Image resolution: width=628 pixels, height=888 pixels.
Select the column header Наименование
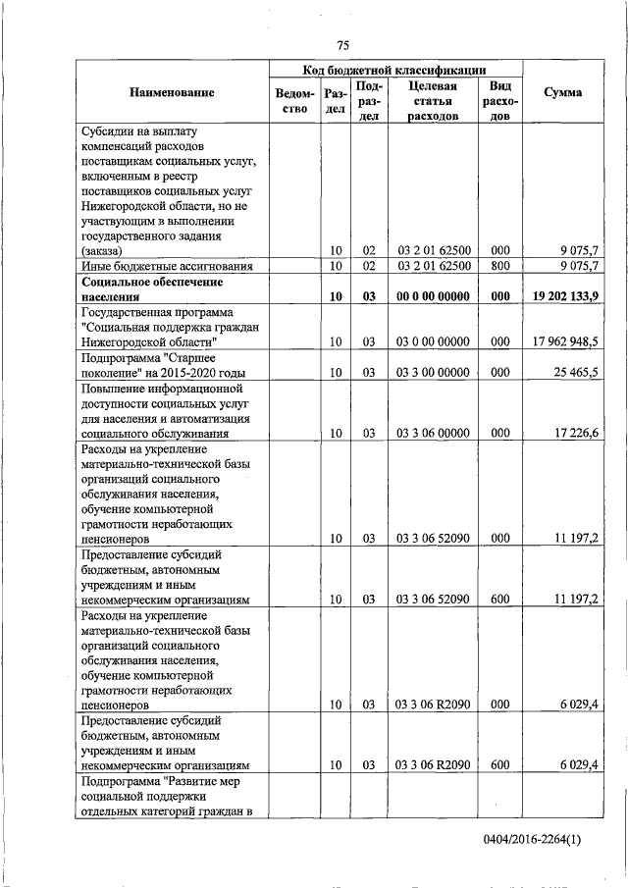(172, 92)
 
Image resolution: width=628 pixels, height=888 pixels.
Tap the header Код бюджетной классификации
(396, 70)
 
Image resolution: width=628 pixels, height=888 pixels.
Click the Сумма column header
(564, 92)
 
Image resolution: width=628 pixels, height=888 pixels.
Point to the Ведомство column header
(294, 100)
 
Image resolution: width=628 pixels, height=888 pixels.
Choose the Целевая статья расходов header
(433, 100)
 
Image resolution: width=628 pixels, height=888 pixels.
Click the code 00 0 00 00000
(433, 295)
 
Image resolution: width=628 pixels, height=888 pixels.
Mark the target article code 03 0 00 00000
(433, 341)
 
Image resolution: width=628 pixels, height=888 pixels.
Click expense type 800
(500, 266)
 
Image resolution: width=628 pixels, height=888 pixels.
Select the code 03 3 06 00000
(433, 432)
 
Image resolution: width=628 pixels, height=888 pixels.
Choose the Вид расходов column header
(500, 100)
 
